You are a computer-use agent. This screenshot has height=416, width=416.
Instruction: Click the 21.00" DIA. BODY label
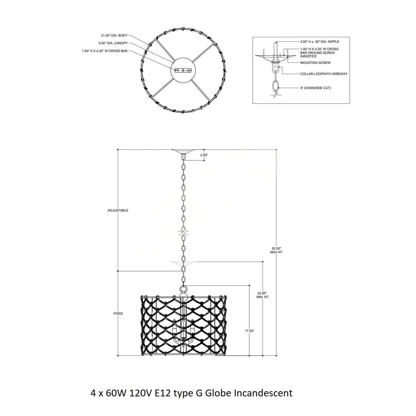pyautogui.click(x=114, y=35)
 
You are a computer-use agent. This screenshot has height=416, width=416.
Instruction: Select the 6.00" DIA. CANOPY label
pyautogui.click(x=113, y=43)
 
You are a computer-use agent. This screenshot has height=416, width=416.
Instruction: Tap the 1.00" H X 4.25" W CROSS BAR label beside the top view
pyautogui.click(x=105, y=51)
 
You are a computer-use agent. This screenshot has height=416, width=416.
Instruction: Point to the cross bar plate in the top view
pyautogui.click(x=183, y=70)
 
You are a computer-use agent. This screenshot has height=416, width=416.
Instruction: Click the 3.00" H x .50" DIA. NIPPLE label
pyautogui.click(x=320, y=42)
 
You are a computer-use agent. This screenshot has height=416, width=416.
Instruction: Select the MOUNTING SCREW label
pyautogui.click(x=316, y=63)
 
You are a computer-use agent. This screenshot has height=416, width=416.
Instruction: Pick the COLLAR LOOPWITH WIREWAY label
pyautogui.click(x=324, y=74)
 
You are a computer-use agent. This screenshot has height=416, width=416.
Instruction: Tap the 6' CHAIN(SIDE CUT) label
pyautogui.click(x=316, y=88)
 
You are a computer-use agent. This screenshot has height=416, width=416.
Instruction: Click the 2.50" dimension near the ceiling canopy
pyautogui.click(x=204, y=155)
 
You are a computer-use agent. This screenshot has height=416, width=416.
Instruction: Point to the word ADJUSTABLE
pyautogui.click(x=118, y=210)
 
